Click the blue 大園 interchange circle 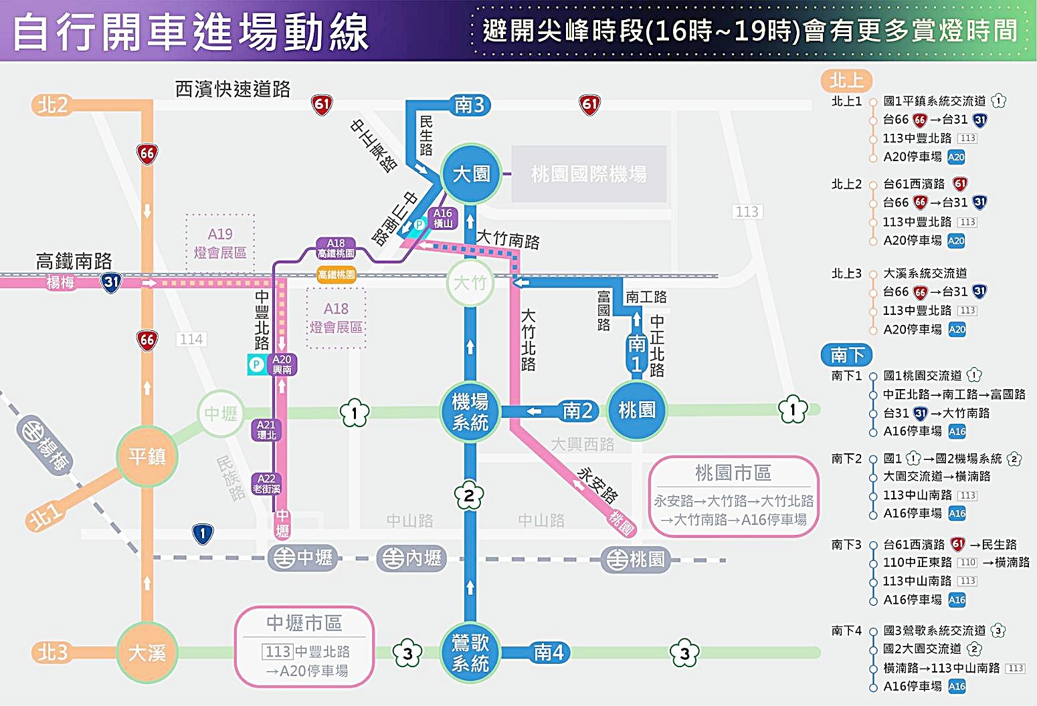point(471,174)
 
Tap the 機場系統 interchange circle point(470,412)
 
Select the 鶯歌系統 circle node point(470,653)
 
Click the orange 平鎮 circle point(147,457)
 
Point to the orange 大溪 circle point(147,653)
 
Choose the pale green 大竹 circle point(470,283)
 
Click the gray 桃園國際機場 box point(589,174)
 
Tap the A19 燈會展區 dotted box point(220,243)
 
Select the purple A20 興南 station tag point(282,364)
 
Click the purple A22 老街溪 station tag point(266,483)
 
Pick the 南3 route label point(470,105)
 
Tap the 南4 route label point(549,652)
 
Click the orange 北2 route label point(53,105)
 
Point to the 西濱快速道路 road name point(233,89)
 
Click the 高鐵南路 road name point(74,261)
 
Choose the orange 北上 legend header point(846,81)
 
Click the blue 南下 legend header point(847,354)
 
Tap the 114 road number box point(191,340)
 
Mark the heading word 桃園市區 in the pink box point(733,473)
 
